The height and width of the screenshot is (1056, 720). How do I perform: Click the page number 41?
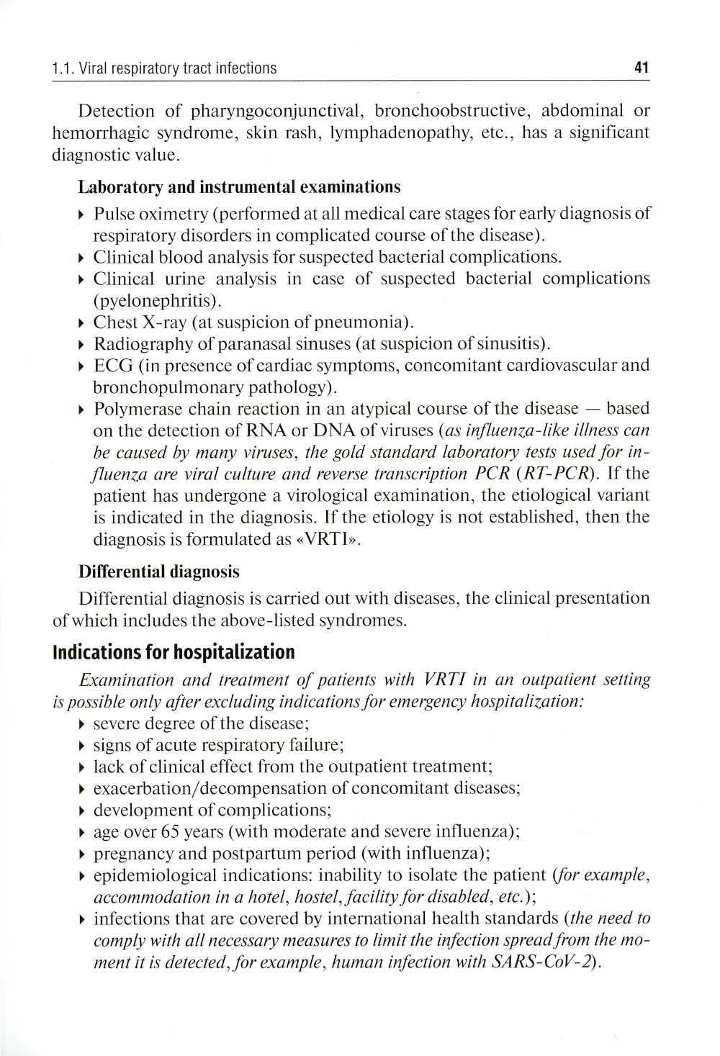pyautogui.click(x=642, y=68)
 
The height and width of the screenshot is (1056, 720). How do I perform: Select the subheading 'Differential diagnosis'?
pyautogui.click(x=158, y=572)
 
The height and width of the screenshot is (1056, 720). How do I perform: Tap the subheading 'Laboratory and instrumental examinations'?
pyautogui.click(x=238, y=187)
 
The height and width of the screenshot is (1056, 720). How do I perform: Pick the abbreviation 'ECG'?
pyautogui.click(x=113, y=366)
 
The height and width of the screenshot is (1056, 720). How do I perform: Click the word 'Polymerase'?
pyautogui.click(x=136, y=409)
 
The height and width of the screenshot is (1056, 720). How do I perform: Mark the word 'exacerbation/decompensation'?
pyautogui.click(x=215, y=788)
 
